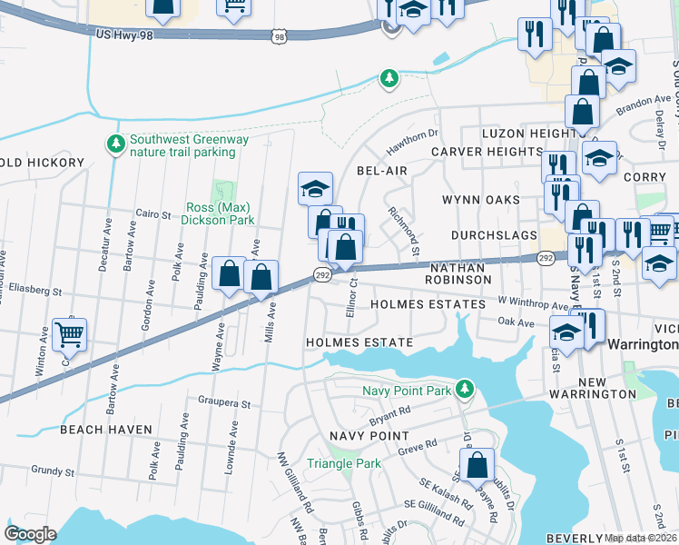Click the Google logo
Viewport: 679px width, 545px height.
[30, 533]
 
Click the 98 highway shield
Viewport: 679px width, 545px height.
[279, 35]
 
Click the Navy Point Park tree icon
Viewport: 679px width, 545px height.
[465, 389]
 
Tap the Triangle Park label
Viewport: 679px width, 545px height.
[344, 463]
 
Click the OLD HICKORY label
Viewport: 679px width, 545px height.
[42, 163]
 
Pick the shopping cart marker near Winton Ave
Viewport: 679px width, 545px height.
[70, 334]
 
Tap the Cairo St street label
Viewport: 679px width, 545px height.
[153, 214]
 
